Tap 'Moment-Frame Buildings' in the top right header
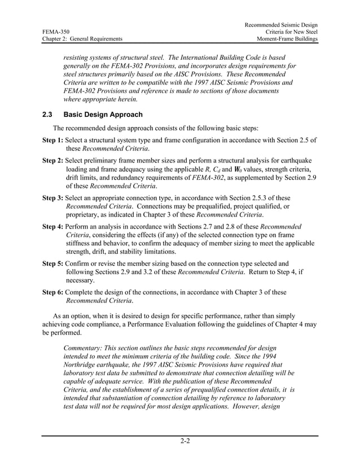[x=287, y=39]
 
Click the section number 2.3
[x=48, y=115]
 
